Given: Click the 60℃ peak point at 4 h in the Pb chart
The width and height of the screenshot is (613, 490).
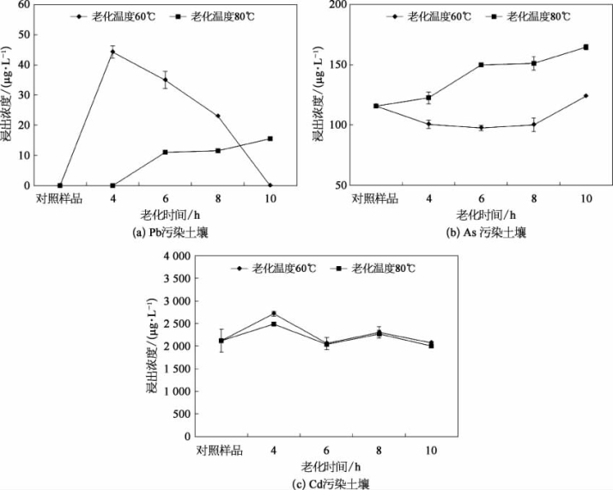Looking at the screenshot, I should coord(112,51).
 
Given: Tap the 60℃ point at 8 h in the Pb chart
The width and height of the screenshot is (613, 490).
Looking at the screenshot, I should coord(217,116).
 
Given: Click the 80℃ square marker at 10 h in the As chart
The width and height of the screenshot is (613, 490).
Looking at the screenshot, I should coord(586,47).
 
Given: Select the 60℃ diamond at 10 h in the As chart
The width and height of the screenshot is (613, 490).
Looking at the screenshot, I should coord(586,95).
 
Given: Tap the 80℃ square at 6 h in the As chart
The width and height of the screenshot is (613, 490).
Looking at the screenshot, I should coord(481,64).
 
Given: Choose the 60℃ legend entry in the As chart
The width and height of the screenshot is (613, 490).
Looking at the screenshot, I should coord(431,16).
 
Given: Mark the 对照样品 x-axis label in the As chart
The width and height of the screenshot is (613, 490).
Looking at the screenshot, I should coord(374,199).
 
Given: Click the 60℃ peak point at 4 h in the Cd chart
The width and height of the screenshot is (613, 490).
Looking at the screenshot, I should coord(273,313).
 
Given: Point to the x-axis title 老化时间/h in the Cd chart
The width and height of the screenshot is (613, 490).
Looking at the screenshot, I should coord(325,467).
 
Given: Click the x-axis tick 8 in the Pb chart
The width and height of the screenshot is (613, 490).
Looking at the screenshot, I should coord(217,199).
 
